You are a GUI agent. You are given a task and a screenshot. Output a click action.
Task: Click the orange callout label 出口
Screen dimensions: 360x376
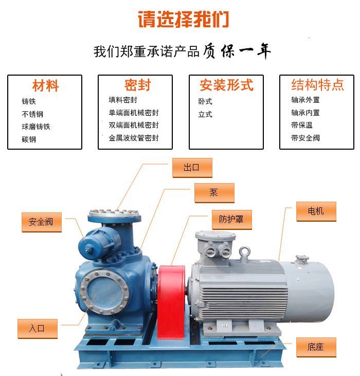[x=192, y=168]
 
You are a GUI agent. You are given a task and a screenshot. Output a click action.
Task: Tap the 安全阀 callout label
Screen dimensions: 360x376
[x=42, y=222]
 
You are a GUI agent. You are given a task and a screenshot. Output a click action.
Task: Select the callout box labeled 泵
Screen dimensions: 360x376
[x=214, y=193]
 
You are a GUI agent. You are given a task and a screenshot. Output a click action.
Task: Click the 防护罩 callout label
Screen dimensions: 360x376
[x=232, y=220]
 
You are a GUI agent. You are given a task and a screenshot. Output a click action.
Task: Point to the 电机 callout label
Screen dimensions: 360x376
[x=316, y=211]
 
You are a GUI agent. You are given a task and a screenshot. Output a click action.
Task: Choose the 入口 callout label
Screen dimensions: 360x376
[x=38, y=329]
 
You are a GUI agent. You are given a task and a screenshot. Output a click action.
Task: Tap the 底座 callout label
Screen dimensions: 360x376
[x=316, y=347]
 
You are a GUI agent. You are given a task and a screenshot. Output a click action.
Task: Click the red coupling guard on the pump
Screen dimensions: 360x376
[x=171, y=302]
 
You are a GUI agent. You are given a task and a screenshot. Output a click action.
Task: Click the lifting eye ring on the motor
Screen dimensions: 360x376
[x=244, y=252]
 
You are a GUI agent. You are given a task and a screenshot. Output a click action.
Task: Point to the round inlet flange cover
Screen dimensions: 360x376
[x=104, y=292]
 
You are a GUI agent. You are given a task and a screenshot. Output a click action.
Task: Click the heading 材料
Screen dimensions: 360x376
[x=46, y=85]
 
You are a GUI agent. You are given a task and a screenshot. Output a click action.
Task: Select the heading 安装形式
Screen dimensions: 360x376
[x=226, y=85]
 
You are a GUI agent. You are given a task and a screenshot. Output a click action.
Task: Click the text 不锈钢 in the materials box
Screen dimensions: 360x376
[x=32, y=114]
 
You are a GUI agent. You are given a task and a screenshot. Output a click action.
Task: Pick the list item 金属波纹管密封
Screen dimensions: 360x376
[x=134, y=138]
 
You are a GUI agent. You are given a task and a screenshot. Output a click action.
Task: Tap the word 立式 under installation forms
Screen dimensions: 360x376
[x=205, y=114]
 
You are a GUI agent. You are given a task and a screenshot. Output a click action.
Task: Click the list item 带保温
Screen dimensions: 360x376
[x=302, y=125]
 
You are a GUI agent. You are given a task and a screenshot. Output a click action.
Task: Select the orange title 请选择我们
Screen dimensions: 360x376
[x=184, y=19]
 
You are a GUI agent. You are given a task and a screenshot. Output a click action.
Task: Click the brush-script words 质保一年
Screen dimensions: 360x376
[x=237, y=51]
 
